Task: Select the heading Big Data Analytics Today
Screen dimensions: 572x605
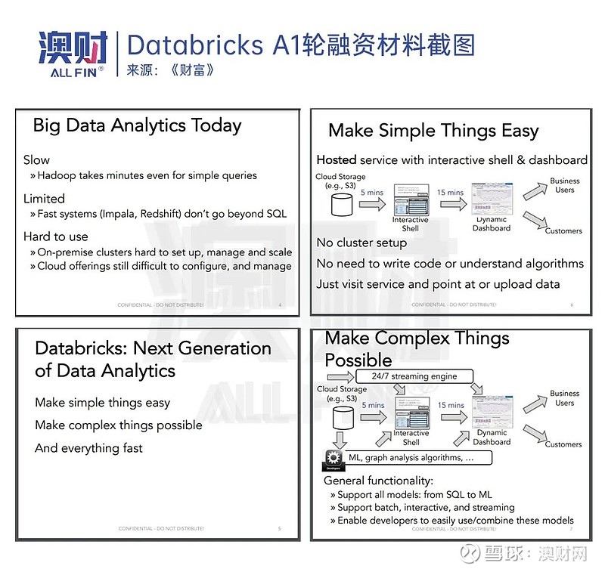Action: pyautogui.click(x=137, y=125)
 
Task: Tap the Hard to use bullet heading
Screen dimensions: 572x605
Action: pyautogui.click(x=56, y=237)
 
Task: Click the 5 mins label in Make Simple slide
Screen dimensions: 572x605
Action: pyautogui.click(x=372, y=193)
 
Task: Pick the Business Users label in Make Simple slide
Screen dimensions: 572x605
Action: pyautogui.click(x=565, y=185)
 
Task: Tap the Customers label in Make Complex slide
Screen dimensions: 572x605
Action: pyautogui.click(x=563, y=444)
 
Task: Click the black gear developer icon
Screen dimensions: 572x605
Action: pyautogui.click(x=334, y=458)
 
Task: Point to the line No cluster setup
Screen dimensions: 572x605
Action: pyautogui.click(x=361, y=243)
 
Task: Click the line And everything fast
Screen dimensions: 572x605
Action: pyautogui.click(x=88, y=448)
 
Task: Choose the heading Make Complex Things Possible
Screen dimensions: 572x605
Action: pyautogui.click(x=417, y=348)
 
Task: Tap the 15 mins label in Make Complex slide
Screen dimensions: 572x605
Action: pyautogui.click(x=451, y=406)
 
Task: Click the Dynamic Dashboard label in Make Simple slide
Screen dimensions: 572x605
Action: pyautogui.click(x=492, y=224)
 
